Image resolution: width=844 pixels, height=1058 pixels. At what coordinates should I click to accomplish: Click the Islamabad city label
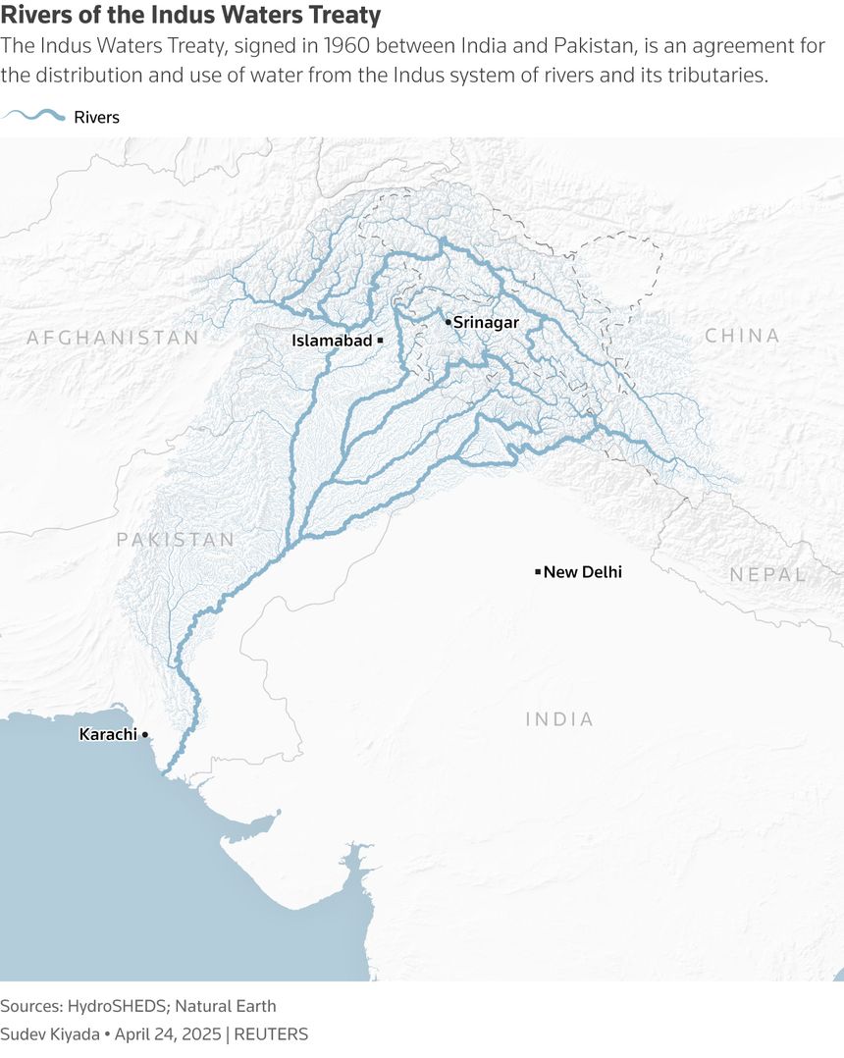(x=332, y=341)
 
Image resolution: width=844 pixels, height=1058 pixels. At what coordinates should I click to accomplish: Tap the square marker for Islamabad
(x=380, y=340)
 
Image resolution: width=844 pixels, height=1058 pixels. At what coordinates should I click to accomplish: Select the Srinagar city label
(x=486, y=322)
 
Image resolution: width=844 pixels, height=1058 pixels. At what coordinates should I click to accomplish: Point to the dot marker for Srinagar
(x=448, y=322)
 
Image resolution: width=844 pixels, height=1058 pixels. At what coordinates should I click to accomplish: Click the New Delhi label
(x=583, y=572)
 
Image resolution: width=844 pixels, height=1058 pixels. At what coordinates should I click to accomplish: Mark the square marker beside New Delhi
(x=538, y=571)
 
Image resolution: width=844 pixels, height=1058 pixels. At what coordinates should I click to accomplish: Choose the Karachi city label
(x=108, y=734)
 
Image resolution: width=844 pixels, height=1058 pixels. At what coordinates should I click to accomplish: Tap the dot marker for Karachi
(x=145, y=734)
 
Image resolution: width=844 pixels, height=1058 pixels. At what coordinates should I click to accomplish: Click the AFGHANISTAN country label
(x=112, y=338)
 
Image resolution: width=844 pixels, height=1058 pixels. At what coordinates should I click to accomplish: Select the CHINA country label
(x=742, y=336)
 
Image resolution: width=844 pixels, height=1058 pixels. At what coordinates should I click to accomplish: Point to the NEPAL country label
(x=767, y=575)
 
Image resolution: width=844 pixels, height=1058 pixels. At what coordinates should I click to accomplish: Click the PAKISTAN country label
(x=176, y=540)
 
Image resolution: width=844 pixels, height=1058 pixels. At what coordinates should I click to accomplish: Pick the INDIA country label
(x=559, y=719)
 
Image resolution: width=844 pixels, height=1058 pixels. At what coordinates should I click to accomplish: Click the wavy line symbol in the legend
(x=34, y=117)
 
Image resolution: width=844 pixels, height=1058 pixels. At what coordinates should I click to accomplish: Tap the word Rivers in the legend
(x=97, y=117)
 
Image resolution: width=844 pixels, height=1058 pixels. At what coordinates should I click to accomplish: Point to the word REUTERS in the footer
(x=271, y=1033)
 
